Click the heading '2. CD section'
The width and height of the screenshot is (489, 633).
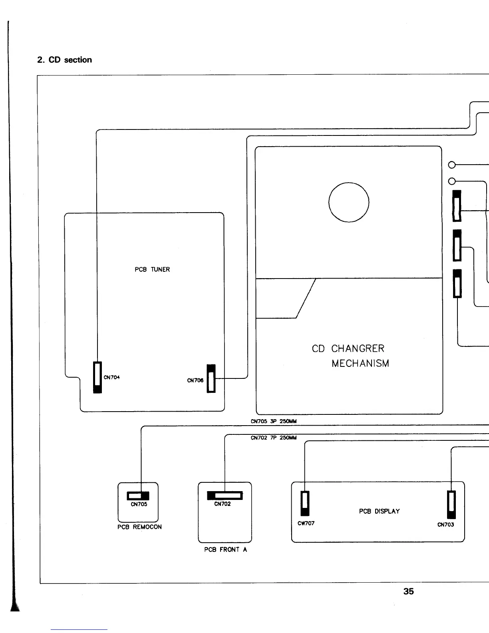click(x=64, y=60)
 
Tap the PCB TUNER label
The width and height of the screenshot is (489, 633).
click(x=152, y=270)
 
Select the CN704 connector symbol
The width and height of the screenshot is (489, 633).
click(x=97, y=377)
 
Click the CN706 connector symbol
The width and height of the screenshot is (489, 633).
click(x=211, y=378)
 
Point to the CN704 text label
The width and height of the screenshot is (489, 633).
click(x=112, y=377)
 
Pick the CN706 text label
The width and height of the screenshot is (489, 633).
click(x=195, y=380)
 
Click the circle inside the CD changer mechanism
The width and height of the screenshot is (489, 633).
click(x=349, y=202)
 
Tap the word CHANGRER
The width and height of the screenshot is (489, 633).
click(x=358, y=349)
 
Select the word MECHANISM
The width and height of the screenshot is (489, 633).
click(x=360, y=364)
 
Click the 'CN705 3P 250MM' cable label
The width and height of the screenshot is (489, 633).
click(x=274, y=421)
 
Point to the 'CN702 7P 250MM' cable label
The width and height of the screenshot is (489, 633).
click(x=274, y=438)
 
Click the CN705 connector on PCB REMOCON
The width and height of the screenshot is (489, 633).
click(x=138, y=496)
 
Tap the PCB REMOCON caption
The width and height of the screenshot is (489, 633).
click(x=139, y=527)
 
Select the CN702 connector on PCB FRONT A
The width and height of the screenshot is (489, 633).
click(x=225, y=496)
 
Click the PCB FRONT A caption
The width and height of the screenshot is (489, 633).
click(x=225, y=550)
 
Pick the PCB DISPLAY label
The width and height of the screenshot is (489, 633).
click(x=379, y=512)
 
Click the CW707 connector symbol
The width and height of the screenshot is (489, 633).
click(x=305, y=504)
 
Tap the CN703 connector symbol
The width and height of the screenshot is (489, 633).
click(x=451, y=505)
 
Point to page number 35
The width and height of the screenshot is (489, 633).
click(x=408, y=591)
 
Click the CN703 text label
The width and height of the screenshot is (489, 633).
click(x=445, y=525)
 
